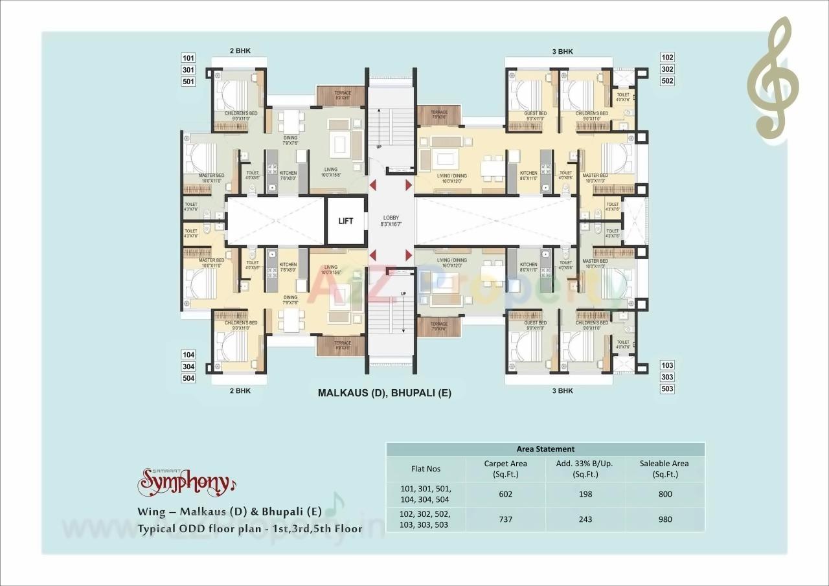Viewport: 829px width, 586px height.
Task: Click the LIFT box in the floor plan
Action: [x=346, y=221]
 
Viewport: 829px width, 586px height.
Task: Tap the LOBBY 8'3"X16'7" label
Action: [x=391, y=221]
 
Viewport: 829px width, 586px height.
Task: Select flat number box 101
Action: [x=188, y=58]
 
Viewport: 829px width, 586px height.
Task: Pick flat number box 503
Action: [x=667, y=389]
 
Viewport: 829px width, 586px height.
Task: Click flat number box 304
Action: [x=188, y=366]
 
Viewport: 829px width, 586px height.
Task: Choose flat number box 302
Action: [x=667, y=69]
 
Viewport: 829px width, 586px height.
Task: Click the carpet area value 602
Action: [x=505, y=494]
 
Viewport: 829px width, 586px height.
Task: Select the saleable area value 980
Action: [x=664, y=519]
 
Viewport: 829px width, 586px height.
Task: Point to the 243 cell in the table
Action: [x=585, y=519]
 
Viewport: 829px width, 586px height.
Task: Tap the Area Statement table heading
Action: [x=545, y=449]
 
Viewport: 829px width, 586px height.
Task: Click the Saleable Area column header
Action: [x=664, y=468]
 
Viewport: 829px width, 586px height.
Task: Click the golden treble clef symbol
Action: [x=773, y=78]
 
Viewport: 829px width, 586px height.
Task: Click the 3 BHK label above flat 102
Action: [x=562, y=52]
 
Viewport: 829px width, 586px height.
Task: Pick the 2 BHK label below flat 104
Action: [x=240, y=391]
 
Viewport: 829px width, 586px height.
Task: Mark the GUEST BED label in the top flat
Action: [x=535, y=114]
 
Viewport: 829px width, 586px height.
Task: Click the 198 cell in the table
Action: [x=585, y=494]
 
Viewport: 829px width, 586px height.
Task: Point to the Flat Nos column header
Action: [x=426, y=468]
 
